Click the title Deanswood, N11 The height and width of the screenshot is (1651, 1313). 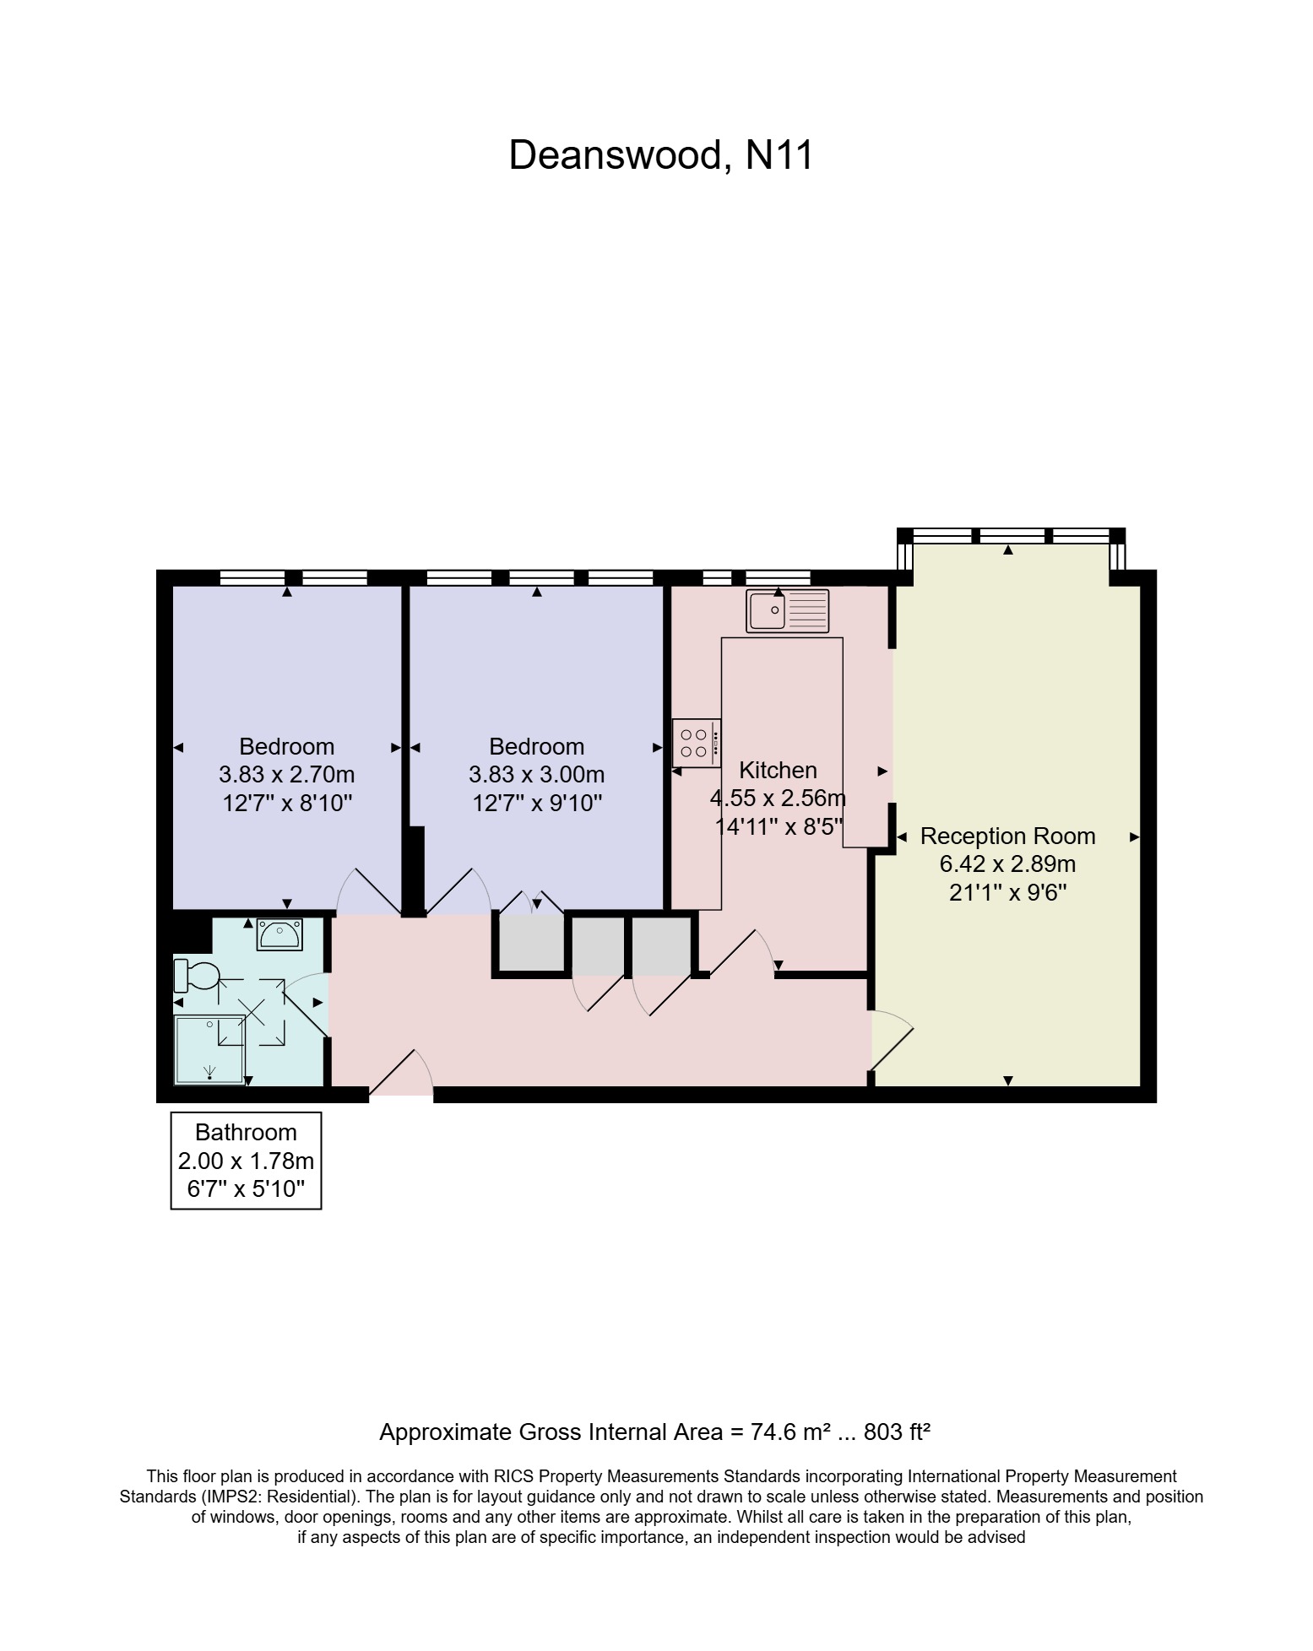[x=660, y=155]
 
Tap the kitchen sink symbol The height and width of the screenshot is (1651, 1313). [x=787, y=610]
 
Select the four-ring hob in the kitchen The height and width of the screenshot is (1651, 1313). [x=697, y=743]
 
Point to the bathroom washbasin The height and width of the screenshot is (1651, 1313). [x=279, y=934]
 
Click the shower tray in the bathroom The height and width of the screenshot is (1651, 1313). [x=209, y=1049]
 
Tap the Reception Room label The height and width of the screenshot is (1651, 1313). [x=1007, y=836]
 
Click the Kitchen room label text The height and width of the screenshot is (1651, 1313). [x=778, y=770]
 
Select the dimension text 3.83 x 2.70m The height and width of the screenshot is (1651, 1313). [x=286, y=774]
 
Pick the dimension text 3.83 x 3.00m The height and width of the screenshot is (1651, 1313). [x=536, y=774]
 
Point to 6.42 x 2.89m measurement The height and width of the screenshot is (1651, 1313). [x=1007, y=864]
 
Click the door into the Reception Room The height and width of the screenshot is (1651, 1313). [x=891, y=1042]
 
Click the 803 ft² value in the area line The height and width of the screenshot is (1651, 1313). [x=897, y=1432]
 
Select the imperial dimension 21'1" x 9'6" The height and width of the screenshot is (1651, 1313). [x=1007, y=892]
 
